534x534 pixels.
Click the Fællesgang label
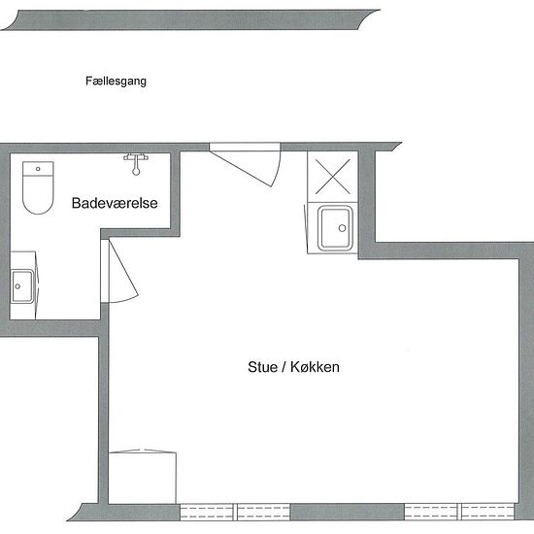click(x=116, y=83)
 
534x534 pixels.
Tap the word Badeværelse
click(x=116, y=204)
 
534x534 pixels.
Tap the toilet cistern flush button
click(x=38, y=169)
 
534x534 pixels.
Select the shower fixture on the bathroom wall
click(x=136, y=160)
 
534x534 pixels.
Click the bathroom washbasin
click(x=21, y=285)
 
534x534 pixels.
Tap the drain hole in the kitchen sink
click(x=342, y=229)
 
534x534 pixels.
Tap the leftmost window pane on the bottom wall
click(x=207, y=511)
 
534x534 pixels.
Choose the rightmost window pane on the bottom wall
click(x=488, y=511)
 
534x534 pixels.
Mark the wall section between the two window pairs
click(x=348, y=511)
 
